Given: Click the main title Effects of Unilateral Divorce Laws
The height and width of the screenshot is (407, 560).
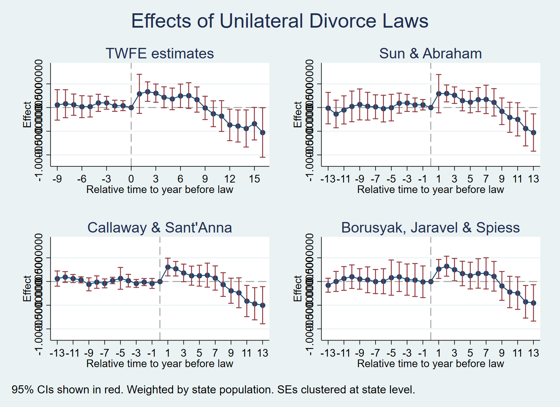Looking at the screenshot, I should tap(280, 21).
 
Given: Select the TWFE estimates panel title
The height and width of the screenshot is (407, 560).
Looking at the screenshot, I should tap(160, 53).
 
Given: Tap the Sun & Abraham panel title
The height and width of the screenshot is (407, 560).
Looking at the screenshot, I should tap(430, 53).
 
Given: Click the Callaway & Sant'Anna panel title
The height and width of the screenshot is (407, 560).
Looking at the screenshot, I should tap(160, 228).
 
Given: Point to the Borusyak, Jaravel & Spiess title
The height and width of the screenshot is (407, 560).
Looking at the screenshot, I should tap(430, 228).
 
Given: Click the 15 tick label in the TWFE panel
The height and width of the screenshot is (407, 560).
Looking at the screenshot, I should tap(254, 179).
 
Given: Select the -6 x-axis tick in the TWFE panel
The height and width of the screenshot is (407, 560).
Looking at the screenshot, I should tap(82, 179).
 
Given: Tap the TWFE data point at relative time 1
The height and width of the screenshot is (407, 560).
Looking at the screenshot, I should tap(139, 94).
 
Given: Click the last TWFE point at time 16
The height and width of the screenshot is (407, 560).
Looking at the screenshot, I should tap(262, 133).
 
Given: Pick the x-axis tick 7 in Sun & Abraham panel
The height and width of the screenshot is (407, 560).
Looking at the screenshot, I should tap(486, 179).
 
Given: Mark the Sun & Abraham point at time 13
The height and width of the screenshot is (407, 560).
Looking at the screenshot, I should tap(533, 133).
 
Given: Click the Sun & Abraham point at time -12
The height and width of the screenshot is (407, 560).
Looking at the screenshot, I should tap(336, 114).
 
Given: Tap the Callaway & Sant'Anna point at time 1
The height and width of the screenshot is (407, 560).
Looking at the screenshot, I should tap(168, 267).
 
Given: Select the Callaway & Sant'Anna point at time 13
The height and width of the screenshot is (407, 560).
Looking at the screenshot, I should tap(262, 305).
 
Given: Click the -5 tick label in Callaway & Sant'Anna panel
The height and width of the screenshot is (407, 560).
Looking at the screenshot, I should tap(120, 353).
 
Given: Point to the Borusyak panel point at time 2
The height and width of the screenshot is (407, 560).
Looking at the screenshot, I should tap(446, 266).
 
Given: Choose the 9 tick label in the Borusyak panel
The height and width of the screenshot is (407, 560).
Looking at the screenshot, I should tap(502, 353).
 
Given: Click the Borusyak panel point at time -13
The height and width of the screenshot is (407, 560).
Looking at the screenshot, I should tap(328, 285).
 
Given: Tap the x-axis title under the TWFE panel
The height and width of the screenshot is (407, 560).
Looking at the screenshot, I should tap(160, 190).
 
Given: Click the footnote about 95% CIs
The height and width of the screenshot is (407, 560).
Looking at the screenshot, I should tap(213, 390).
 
